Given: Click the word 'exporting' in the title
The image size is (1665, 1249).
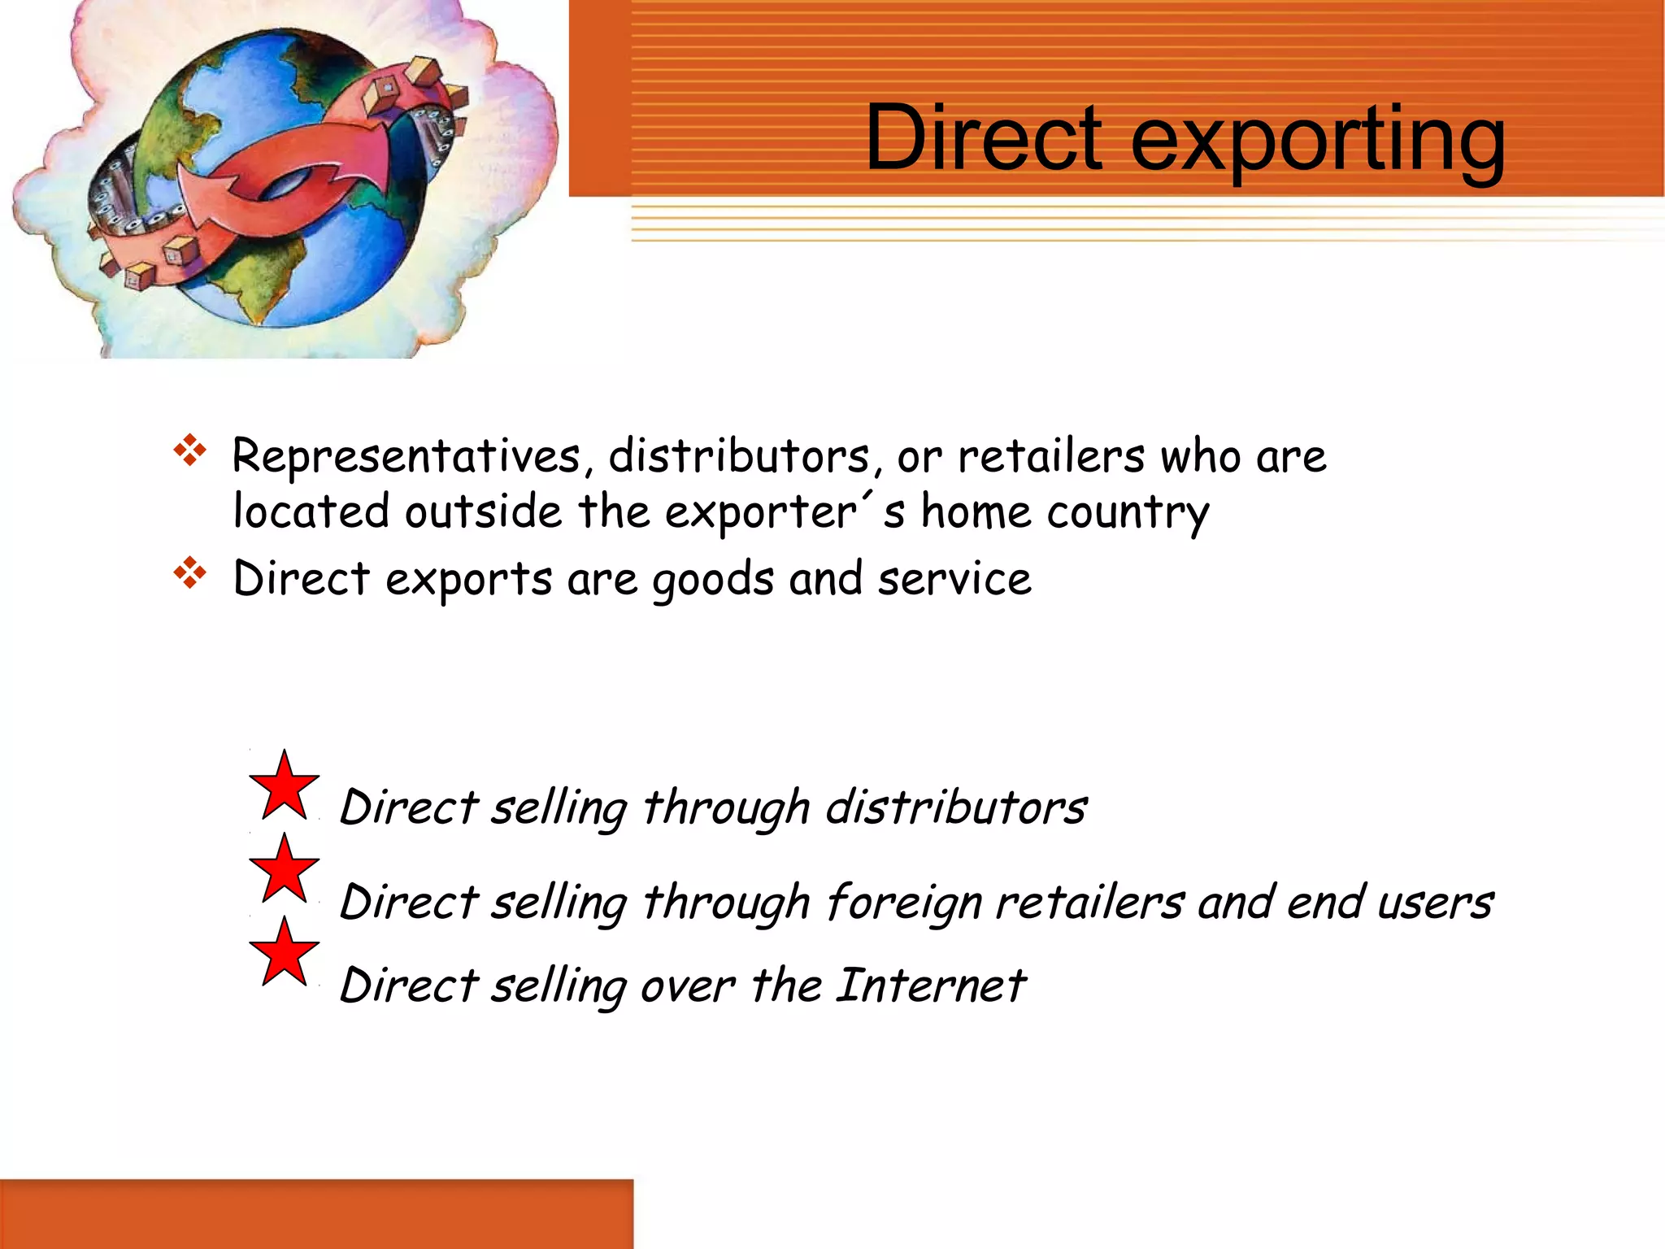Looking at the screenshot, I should coord(1317,140).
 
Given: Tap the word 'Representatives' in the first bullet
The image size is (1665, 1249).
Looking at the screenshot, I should coord(406,457).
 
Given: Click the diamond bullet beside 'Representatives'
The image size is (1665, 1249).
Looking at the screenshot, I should coord(190,450).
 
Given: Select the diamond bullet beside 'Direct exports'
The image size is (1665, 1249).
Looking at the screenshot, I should coord(190,572).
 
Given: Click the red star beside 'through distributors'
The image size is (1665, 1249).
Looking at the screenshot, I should coord(284,787).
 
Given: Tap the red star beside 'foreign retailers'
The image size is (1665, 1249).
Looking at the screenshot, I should coord(284,870).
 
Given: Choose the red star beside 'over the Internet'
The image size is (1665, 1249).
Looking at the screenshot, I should coord(284,953).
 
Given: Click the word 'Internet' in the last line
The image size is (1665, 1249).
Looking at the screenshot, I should coord(930,986).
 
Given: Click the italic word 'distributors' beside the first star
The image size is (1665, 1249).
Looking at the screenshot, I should coord(956,808).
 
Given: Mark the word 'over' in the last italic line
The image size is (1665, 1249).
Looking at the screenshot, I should coord(688,987).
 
